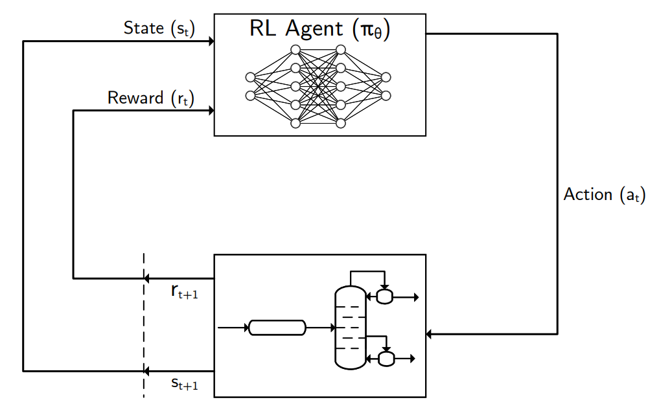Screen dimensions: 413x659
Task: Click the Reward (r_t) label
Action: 151,98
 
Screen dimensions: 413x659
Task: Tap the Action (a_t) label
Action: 605,195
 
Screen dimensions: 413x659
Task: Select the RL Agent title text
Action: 319,30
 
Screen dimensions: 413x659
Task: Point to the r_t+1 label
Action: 185,293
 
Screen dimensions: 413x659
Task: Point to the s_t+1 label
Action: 185,384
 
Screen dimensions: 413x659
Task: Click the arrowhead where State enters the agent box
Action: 211,41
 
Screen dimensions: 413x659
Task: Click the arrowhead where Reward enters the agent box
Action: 211,111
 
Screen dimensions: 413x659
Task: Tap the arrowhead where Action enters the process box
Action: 430,334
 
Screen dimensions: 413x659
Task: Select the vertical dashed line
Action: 144,324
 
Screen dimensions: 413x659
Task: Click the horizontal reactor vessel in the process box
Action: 277,328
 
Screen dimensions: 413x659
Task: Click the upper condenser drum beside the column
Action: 385,297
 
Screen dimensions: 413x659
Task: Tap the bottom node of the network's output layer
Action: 386,96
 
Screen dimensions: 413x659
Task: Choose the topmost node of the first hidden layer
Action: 295,50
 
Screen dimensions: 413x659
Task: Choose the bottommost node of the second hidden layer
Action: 340,122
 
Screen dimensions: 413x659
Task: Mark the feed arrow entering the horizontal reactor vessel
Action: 233,328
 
